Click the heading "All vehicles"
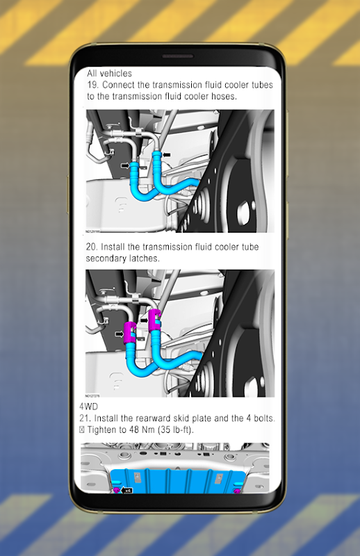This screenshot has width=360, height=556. pos(109,74)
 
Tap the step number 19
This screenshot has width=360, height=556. pos(92,85)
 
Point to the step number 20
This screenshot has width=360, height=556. pos(92,247)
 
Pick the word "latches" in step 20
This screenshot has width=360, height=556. pos(143,259)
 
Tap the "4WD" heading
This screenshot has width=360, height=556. pos(89,407)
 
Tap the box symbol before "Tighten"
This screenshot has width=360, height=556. pos(82,430)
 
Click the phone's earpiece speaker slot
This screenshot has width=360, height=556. pos(178,56)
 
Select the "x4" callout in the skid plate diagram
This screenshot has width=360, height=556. pos(128,491)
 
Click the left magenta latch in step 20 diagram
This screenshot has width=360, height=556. pos(129,333)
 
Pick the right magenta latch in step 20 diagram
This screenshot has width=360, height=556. pos(155,320)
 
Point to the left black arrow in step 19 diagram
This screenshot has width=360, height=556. pos(125,165)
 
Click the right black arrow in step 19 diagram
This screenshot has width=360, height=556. pos(166,154)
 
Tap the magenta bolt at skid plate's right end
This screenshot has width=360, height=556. pos(236,491)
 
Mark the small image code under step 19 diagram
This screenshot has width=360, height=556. pos(93,231)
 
